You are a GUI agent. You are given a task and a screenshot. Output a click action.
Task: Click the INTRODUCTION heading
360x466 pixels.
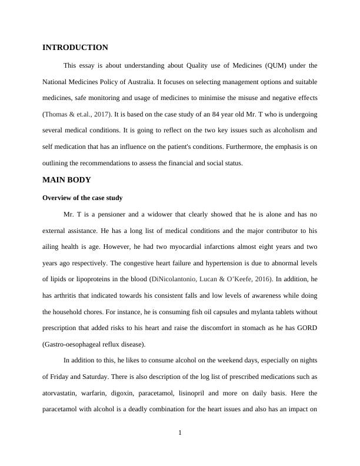point(75,48)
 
